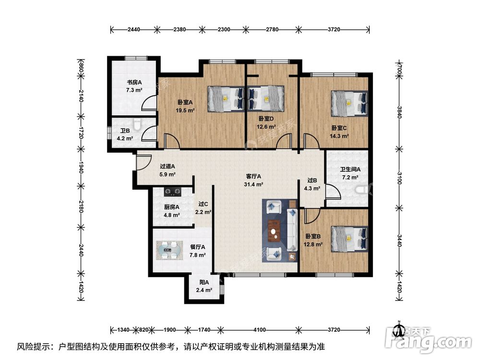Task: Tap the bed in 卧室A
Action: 226,98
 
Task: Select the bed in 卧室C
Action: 350,103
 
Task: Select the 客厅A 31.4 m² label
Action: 253,180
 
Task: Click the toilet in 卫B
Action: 138,125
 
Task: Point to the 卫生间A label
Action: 350,173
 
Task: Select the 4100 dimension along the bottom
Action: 260,330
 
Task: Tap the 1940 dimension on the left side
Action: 80,168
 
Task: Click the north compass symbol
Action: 398,330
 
